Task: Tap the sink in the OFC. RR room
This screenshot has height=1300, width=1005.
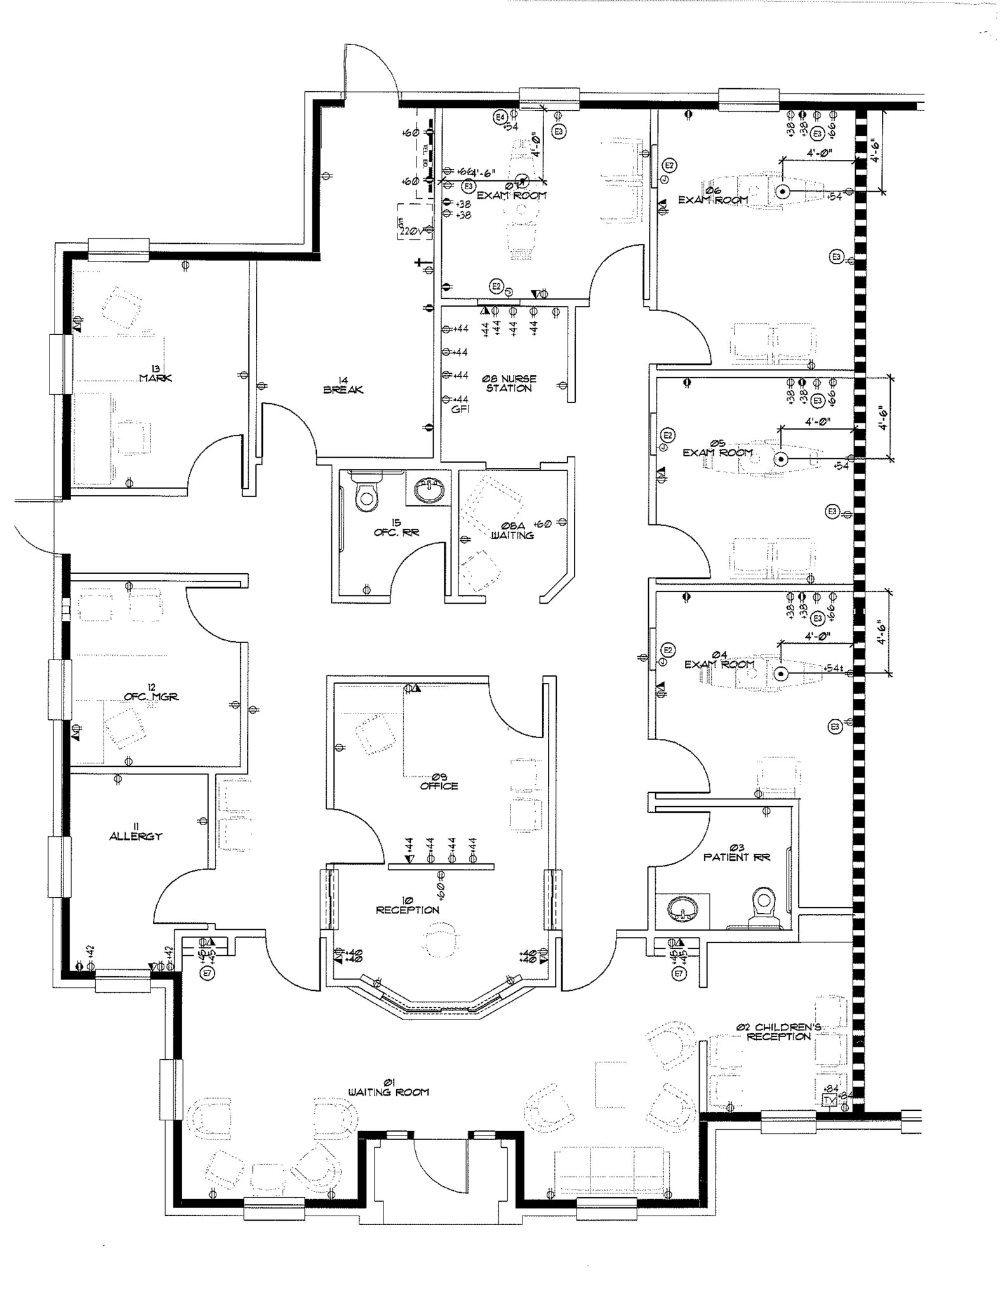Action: tap(431, 489)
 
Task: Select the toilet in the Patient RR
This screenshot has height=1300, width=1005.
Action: tap(764, 905)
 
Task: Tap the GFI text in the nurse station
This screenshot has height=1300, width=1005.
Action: tap(460, 410)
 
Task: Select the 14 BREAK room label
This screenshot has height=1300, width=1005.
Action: tap(343, 385)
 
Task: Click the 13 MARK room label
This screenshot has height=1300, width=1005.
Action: tap(155, 374)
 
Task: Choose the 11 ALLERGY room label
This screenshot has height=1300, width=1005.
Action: tap(135, 832)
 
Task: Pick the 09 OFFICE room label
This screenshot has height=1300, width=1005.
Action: tap(439, 781)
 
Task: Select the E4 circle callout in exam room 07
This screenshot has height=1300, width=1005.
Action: tap(500, 117)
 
